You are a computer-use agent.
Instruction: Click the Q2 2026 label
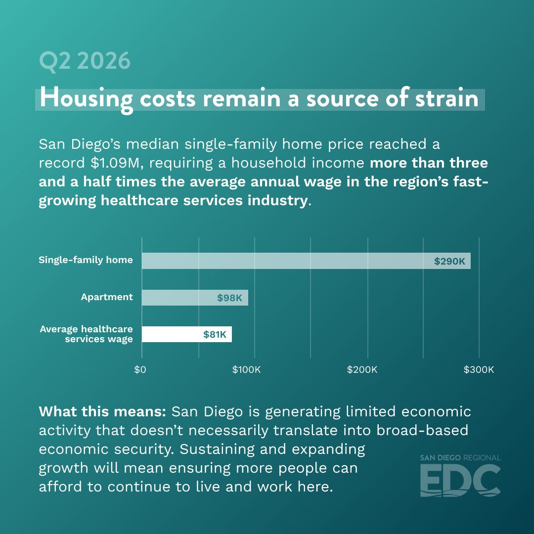85,61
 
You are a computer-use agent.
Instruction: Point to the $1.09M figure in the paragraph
115,163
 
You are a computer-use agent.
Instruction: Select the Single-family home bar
306,261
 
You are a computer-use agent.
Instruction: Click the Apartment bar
195,298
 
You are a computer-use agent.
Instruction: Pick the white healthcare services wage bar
186,334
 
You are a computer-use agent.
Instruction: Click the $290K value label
449,261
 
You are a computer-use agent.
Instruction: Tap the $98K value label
229,298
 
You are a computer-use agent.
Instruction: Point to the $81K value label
215,334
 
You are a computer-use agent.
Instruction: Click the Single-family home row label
86,260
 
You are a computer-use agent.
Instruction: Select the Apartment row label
107,297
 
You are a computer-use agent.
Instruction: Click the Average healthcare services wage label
86,334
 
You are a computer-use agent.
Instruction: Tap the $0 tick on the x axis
140,369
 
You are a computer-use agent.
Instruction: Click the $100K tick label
246,369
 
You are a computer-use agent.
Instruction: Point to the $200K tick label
362,369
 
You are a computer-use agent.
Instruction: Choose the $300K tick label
479,369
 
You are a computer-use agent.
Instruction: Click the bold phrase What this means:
102,411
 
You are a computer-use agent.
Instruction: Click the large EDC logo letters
460,480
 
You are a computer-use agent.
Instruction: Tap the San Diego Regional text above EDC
460,458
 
